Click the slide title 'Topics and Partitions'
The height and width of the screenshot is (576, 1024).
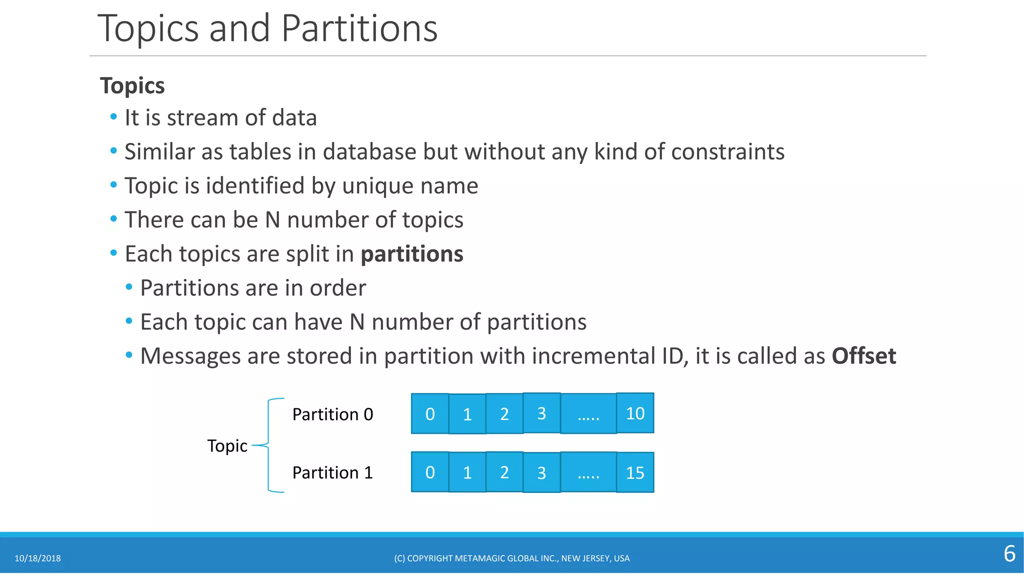point(267,28)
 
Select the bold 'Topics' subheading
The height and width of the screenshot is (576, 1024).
point(132,85)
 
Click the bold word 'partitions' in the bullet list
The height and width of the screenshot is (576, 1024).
point(412,254)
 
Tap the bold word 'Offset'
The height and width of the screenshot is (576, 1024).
point(863,356)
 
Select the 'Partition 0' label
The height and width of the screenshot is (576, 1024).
point(332,414)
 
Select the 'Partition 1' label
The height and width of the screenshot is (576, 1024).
point(332,473)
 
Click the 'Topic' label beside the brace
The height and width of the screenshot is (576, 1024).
point(227,445)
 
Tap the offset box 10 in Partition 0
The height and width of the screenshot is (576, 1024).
point(635,413)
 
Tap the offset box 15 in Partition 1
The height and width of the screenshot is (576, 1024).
point(635,472)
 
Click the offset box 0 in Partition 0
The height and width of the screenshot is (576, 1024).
point(430,413)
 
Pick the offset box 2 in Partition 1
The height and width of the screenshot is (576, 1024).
point(504,472)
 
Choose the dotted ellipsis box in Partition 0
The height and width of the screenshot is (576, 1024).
point(588,413)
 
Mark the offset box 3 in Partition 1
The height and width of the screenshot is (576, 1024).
point(541,472)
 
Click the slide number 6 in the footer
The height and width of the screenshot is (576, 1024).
point(1009,554)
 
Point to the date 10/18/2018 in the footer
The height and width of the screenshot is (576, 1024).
point(37,558)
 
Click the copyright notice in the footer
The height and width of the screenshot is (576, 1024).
point(511,558)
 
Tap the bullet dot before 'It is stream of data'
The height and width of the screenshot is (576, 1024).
point(113,117)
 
